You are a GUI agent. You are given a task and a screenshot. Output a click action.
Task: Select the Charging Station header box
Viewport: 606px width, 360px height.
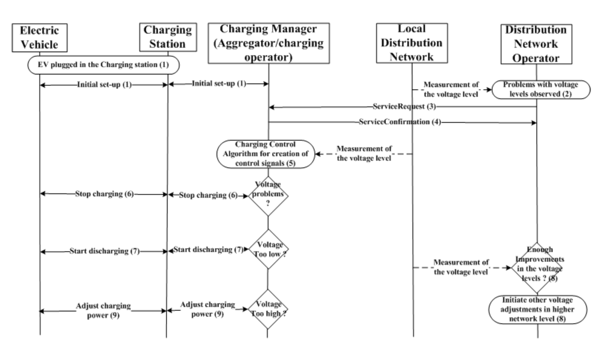[167, 38]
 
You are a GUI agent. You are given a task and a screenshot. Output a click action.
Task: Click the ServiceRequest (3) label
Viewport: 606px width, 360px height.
[404, 107]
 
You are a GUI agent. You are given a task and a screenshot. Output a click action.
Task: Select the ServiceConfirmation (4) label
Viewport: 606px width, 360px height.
[399, 122]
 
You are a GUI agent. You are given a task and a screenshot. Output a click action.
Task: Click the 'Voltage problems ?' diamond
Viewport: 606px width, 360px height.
[268, 195]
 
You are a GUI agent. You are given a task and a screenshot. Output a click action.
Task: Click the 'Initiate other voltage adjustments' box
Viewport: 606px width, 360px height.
[537, 308]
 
